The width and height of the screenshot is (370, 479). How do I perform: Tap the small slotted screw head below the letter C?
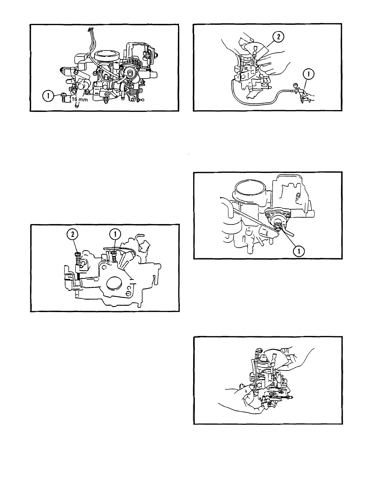point(129,293)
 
